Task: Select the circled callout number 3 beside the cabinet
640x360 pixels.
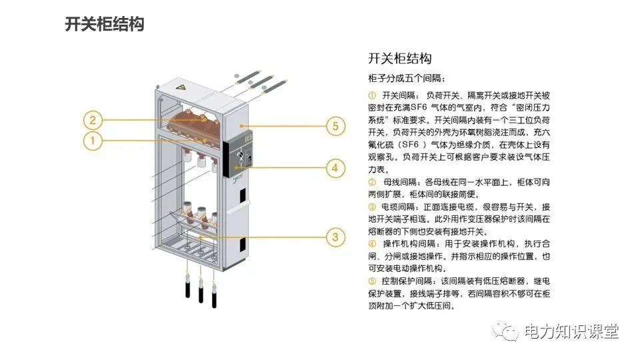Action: click(335, 235)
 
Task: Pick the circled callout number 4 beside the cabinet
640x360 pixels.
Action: click(335, 167)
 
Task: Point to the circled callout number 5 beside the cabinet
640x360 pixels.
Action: click(335, 125)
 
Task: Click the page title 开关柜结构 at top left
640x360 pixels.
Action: click(105, 25)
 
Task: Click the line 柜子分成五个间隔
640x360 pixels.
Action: click(407, 78)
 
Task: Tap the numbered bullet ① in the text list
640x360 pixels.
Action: click(372, 96)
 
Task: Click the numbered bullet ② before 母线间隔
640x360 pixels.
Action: click(372, 182)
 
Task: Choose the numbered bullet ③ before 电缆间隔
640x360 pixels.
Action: click(372, 207)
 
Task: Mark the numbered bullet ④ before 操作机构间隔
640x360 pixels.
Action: click(372, 244)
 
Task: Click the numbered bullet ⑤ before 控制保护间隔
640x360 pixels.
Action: click(372, 281)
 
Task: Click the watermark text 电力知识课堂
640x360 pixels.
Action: click(571, 331)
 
